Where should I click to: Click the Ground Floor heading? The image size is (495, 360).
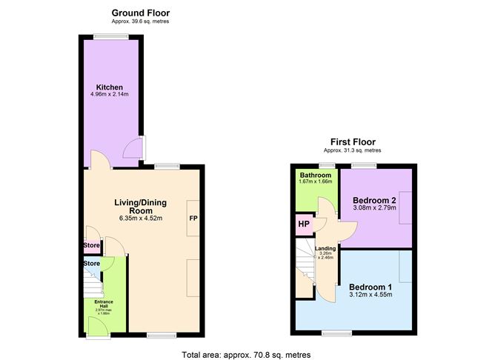tap(140, 13)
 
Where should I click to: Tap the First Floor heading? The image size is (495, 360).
tap(353, 141)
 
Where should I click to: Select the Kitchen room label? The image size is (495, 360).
tap(109, 87)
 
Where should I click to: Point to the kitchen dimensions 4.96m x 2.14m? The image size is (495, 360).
tap(109, 96)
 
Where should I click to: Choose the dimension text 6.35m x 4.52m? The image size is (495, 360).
tap(140, 218)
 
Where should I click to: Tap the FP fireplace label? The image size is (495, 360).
tap(193, 219)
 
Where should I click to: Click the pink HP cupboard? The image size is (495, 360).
tap(304, 224)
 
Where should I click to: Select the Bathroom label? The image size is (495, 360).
tap(315, 176)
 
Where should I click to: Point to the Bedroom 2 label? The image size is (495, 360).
tap(375, 200)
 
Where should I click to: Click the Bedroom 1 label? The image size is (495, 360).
tap(370, 287)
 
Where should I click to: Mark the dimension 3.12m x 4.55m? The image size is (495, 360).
tap(370, 296)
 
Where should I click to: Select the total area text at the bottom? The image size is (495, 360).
tap(246, 355)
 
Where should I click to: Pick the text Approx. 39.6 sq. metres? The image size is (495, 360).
tap(140, 22)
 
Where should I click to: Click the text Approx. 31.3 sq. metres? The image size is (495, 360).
tap(353, 151)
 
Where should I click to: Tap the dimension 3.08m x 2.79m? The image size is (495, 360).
tap(375, 208)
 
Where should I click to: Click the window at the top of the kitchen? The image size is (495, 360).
tap(111, 37)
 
